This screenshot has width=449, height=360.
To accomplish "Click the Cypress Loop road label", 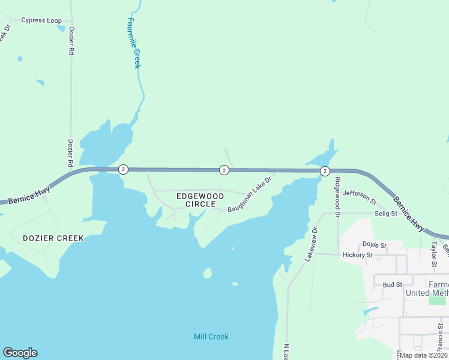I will point(41,20).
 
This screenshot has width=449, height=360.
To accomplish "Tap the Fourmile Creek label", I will point(133,43).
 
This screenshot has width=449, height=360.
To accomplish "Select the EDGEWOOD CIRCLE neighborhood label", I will point(200,200).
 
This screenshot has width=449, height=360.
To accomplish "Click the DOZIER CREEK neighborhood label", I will point(53,238).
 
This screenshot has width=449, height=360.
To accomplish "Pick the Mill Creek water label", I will point(211,337).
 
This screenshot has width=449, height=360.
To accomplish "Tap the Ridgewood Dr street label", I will point(338,197).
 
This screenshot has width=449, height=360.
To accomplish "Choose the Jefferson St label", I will point(360,197).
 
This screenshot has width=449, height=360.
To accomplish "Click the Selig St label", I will point(386,214).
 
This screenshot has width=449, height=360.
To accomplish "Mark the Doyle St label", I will point(374,245).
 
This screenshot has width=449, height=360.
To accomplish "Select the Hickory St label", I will point(358,255).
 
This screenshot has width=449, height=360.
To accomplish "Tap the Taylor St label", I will point(433,255).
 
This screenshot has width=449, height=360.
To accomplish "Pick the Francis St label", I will point(440,335).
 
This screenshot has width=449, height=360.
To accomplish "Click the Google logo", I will point(20,353).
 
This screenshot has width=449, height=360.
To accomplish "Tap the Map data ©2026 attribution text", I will point(424,355).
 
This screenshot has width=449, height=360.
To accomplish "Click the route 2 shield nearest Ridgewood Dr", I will point(325,171).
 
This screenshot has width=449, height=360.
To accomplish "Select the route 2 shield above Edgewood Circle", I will point(224,170).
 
